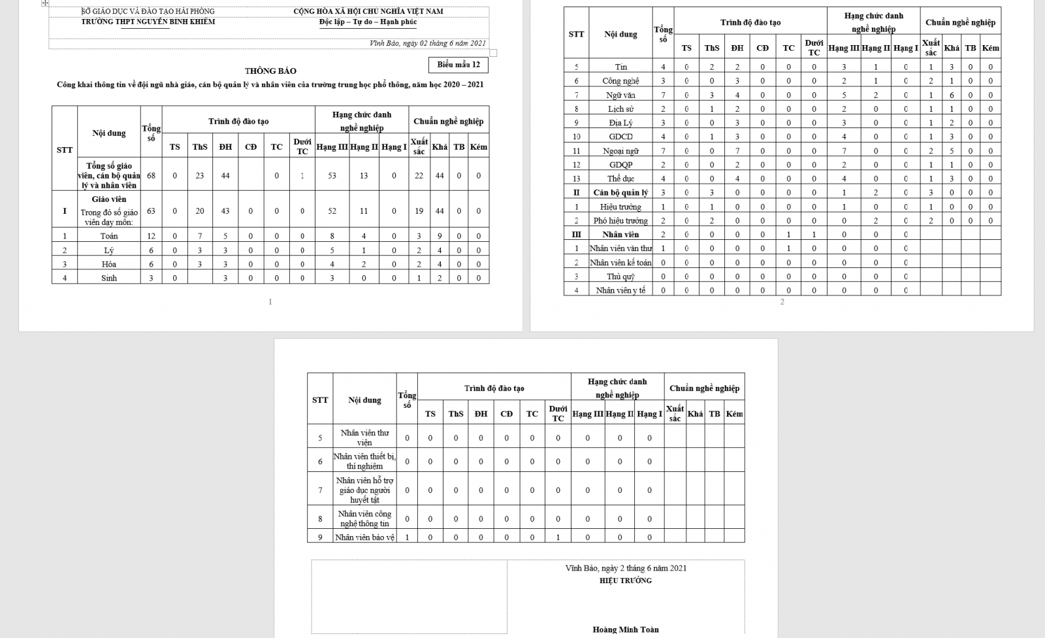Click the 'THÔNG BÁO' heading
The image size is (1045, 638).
coord(270,71)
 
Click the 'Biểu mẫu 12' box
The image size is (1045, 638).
coord(458,65)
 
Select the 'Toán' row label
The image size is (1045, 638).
coord(109,236)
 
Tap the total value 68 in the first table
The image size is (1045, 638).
coord(152,176)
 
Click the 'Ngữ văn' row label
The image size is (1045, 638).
coord(620,95)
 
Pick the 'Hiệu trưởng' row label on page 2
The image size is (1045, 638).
coord(620,207)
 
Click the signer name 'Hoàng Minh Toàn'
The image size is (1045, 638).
coord(625,630)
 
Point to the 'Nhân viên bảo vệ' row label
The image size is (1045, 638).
coord(364,537)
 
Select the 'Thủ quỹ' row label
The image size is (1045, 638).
coord(620,277)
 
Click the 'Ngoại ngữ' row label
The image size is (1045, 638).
coord(620,151)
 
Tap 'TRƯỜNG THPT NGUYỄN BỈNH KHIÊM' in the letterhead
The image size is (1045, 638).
coord(148,22)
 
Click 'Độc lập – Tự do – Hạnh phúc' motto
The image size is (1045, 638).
coord(368,22)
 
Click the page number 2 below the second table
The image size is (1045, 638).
coord(782,301)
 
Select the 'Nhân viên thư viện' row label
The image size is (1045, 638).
coord(364,437)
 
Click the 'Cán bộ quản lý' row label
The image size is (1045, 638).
coord(620,193)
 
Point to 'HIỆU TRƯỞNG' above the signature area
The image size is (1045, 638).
coord(625,580)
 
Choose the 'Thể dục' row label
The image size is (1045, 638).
coord(620,178)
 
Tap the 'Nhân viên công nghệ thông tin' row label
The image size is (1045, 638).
coord(364,518)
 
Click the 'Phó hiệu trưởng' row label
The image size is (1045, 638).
coord(620,221)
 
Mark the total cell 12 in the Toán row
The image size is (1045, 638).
coord(152,236)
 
